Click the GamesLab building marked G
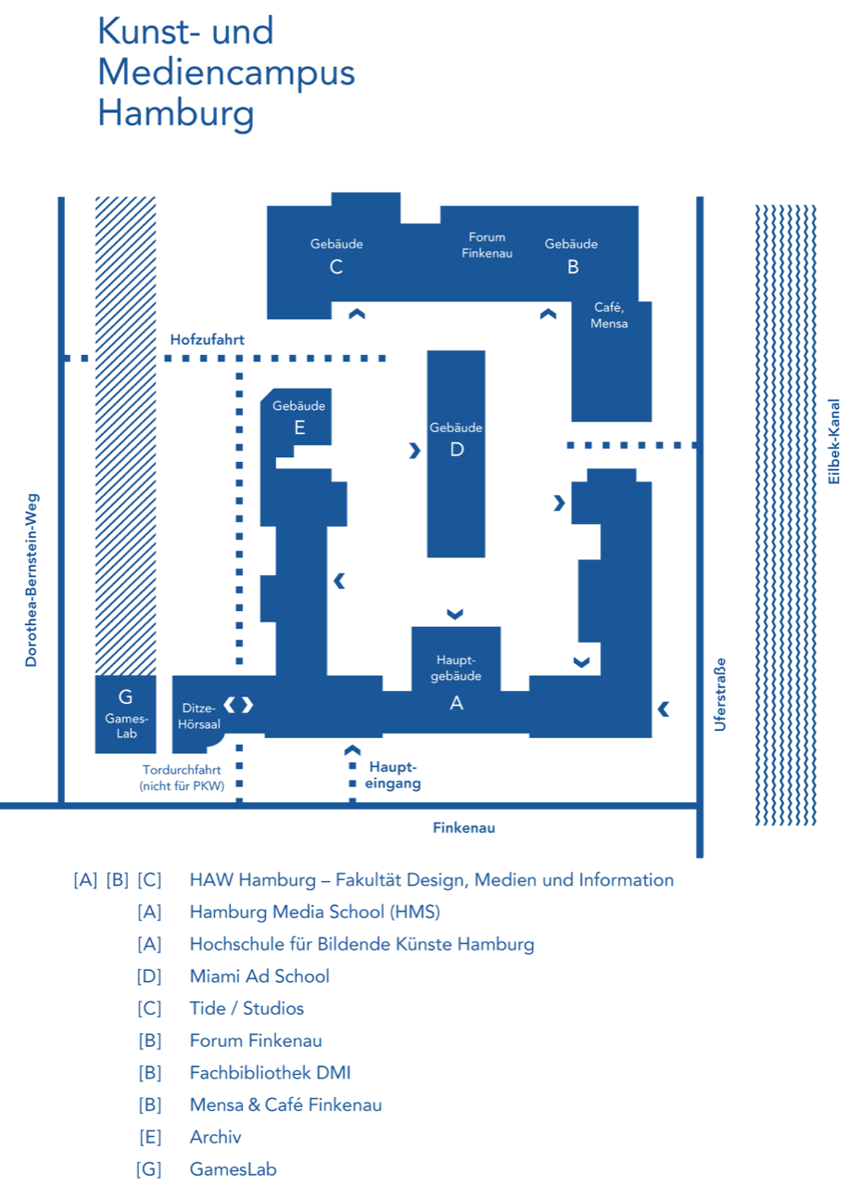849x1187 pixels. [126, 713]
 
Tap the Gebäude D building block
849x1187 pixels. [455, 453]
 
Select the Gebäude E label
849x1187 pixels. [298, 417]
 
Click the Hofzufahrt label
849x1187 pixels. [207, 340]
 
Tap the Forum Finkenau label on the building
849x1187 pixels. [487, 245]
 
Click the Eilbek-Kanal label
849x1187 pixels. [834, 441]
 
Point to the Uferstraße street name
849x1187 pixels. [720, 695]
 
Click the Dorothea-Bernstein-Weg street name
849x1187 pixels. [31, 580]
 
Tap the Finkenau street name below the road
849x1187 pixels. [463, 828]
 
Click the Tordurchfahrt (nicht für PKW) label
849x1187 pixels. [183, 777]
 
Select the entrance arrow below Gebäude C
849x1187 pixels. [357, 314]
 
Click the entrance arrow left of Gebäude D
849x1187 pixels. [414, 451]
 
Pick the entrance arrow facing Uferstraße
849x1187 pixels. [664, 709]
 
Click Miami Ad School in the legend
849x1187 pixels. [260, 976]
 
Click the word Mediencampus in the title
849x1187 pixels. [226, 72]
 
